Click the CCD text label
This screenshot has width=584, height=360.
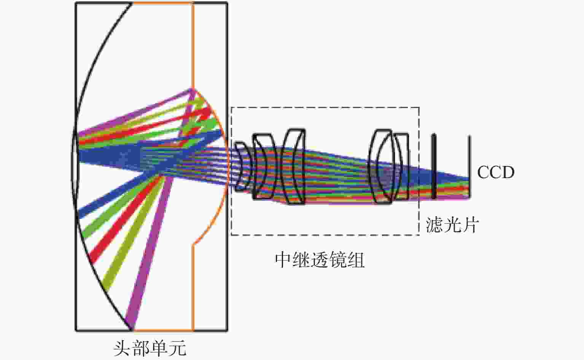coord(495,172)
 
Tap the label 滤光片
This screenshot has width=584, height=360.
coord(452,225)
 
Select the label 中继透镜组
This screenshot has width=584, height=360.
coord(320,260)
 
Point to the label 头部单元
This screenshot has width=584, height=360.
coord(150,348)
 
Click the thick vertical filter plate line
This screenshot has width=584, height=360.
coord(434,166)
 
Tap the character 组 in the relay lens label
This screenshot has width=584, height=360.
coord(356,260)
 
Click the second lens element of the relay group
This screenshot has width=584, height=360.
coord(263,166)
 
